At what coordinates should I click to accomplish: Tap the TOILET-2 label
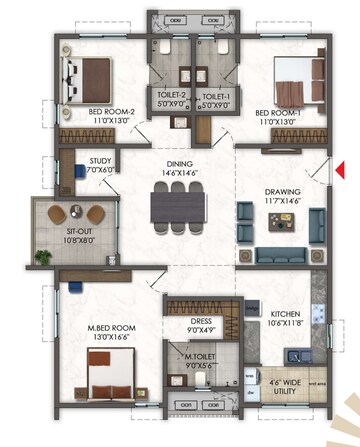click(x=170, y=96)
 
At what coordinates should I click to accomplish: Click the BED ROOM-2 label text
click(x=83, y=113)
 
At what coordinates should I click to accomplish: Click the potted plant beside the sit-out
click(x=43, y=259)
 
